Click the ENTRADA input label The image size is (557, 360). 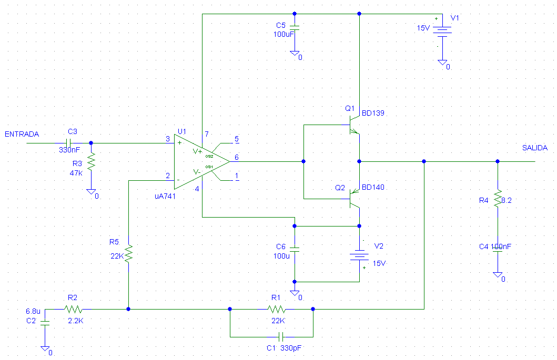[x=22, y=134]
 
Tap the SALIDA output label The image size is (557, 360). [x=534, y=148]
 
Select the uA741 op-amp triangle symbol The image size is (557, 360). [x=202, y=161]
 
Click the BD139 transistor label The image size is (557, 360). [x=373, y=113]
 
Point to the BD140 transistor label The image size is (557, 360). [x=373, y=188]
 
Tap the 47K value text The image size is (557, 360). [x=76, y=173]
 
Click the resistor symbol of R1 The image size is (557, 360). [x=276, y=309]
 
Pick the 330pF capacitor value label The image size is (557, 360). [x=290, y=348]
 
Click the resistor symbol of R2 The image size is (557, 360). [x=73, y=309]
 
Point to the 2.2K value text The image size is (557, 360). [x=76, y=321]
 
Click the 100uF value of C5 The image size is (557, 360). [x=284, y=34]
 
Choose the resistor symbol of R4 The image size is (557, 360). [x=498, y=199]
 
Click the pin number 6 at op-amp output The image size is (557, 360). [x=237, y=157]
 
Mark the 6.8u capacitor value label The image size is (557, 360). [x=33, y=311]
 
